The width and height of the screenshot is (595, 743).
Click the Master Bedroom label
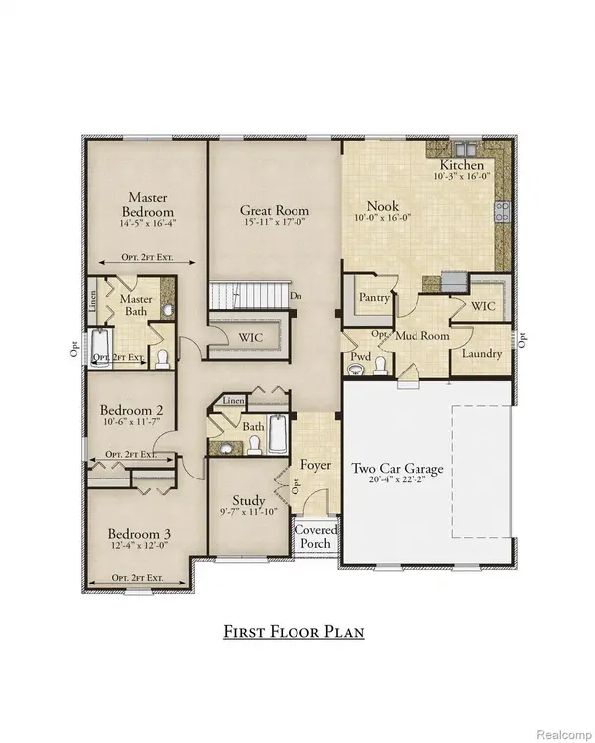point(148,205)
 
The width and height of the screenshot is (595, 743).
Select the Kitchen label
point(462,165)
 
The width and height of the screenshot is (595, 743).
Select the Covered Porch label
point(316,537)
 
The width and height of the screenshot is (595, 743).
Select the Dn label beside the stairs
point(296,295)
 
